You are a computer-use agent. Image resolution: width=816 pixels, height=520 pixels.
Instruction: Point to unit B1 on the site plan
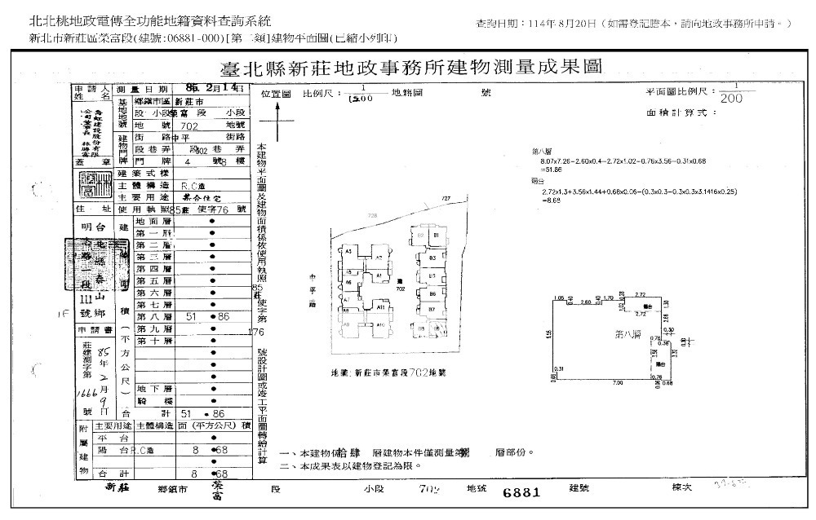(437, 236)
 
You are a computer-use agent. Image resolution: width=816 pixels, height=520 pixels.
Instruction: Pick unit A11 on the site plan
(380, 306)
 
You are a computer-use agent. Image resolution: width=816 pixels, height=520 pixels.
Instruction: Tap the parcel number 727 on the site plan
(446, 198)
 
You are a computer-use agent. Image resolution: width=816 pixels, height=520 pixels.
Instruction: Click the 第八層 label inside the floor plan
(627, 334)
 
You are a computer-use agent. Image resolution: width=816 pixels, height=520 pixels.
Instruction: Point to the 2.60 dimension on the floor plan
(585, 301)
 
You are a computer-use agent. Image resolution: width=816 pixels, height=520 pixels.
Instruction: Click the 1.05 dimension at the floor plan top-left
(558, 297)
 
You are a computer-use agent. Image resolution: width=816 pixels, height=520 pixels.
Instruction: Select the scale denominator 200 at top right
(732, 98)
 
